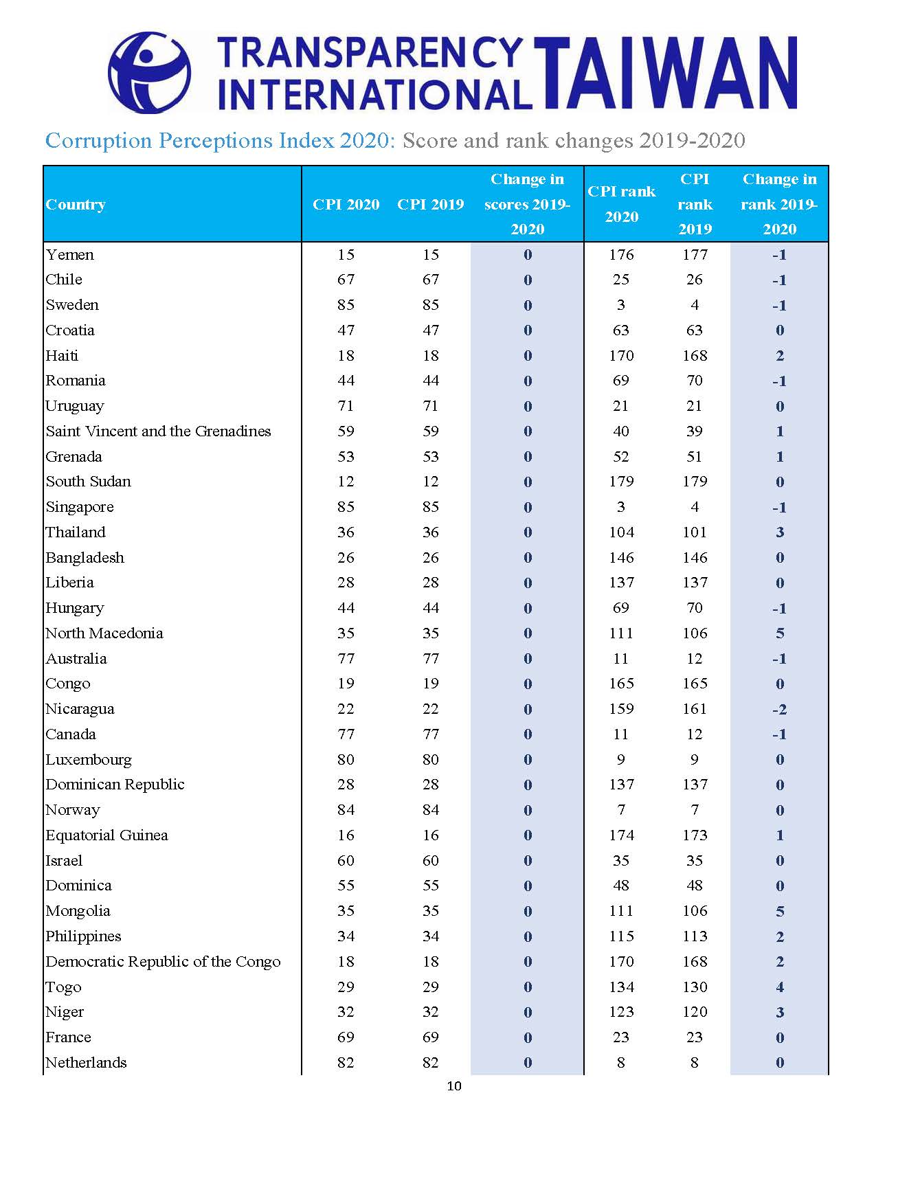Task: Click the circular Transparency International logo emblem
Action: click(x=149, y=72)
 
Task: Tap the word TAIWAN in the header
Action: click(x=666, y=74)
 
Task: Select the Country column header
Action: click(x=76, y=205)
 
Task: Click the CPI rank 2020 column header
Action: click(x=621, y=204)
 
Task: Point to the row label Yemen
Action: click(x=69, y=255)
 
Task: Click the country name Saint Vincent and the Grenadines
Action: click(x=158, y=431)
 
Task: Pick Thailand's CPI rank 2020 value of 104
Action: click(x=621, y=532)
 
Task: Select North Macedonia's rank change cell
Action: click(x=780, y=633)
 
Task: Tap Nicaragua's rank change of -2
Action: click(x=779, y=709)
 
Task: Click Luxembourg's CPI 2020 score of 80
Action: click(x=346, y=760)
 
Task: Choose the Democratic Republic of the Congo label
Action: click(x=163, y=962)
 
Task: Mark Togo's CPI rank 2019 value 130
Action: click(x=695, y=987)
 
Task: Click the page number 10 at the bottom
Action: click(x=454, y=1086)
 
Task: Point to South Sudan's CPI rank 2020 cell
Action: click(x=621, y=482)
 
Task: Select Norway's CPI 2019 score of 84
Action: click(x=431, y=810)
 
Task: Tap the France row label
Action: click(x=68, y=1037)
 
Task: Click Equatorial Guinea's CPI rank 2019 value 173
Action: click(x=695, y=835)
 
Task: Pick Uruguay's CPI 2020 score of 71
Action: click(x=346, y=406)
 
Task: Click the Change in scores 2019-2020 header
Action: click(x=527, y=204)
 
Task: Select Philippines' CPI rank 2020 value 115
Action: click(x=621, y=936)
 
